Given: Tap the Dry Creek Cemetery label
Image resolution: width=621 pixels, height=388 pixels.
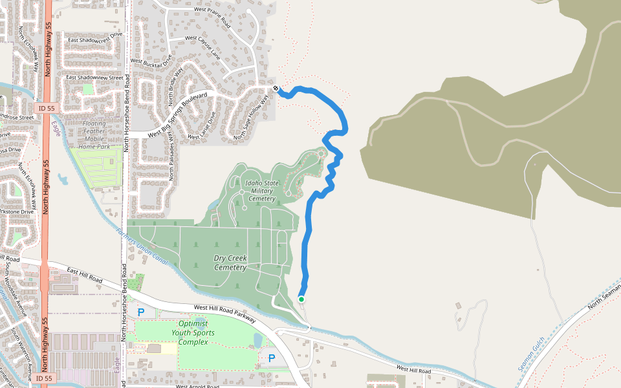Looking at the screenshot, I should tap(230, 263).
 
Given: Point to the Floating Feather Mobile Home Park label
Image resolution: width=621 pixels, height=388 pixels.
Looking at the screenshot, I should tap(94, 135).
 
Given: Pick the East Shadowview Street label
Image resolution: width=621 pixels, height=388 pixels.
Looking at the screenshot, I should tap(94, 78).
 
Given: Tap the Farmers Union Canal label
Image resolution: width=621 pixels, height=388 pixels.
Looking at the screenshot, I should tap(142, 247).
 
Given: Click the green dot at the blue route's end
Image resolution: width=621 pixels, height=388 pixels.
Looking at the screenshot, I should tap(301, 299).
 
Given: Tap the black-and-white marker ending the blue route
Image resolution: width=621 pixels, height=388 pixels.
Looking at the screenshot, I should tap(276, 89).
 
